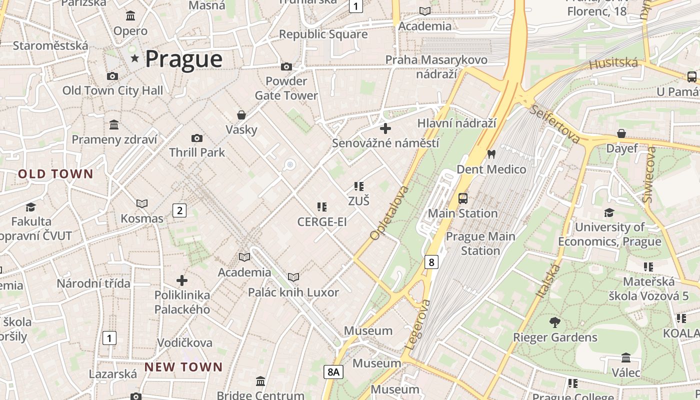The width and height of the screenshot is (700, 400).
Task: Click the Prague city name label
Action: tap(183, 59)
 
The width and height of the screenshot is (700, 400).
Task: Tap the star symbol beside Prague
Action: tap(134, 59)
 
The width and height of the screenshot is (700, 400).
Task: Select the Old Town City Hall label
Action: tap(112, 90)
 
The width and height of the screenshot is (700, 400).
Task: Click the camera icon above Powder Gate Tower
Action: tap(286, 66)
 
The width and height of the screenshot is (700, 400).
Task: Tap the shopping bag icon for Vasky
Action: tap(241, 115)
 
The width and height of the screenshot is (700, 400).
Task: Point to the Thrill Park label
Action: tap(197, 152)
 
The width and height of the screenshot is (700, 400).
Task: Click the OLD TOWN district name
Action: tap(56, 174)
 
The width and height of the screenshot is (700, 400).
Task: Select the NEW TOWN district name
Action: tap(183, 367)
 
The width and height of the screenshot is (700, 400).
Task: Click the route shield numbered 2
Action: tap(179, 210)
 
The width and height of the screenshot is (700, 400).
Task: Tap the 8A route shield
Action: tap(333, 371)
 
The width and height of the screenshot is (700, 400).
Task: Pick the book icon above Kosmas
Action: tap(142, 203)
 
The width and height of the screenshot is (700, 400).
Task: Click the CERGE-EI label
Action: tap(321, 221)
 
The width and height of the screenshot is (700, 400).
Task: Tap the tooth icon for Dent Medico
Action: tap(491, 154)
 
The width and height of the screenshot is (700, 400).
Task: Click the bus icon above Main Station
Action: tap(463, 198)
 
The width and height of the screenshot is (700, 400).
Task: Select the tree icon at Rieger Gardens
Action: tap(554, 322)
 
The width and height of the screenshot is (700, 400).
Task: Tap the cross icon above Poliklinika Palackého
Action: tap(182, 280)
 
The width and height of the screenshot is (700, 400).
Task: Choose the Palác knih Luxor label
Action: tap(293, 292)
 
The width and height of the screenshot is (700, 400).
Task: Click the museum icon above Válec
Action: tap(625, 357)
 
